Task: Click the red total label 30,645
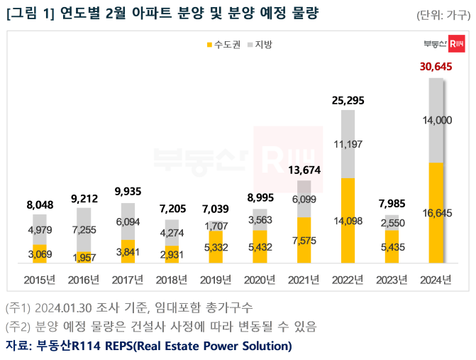tap(436, 67)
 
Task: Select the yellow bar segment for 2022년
tap(348, 220)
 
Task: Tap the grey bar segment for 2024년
tap(436, 121)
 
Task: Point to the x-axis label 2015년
tap(39, 279)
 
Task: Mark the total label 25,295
tap(348, 100)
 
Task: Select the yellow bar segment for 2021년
tap(304, 240)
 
